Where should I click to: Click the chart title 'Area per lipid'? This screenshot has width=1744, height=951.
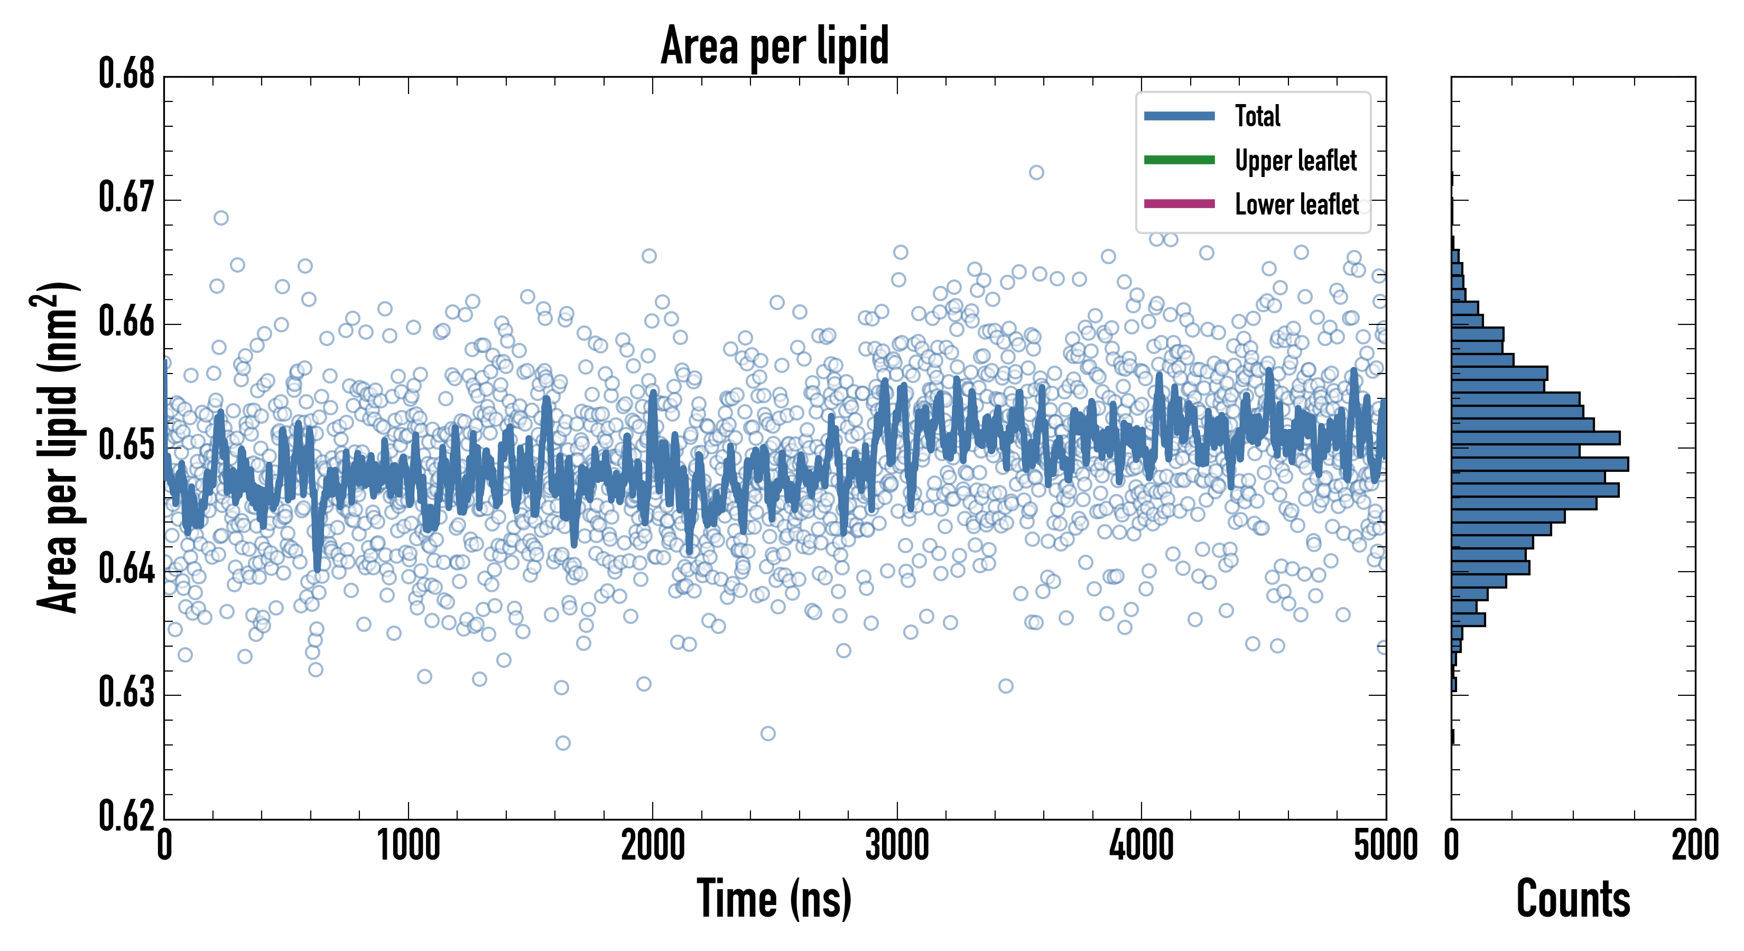[775, 46]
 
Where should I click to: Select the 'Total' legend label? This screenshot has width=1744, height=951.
[1257, 116]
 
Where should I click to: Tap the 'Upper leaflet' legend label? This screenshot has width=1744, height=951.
[1295, 161]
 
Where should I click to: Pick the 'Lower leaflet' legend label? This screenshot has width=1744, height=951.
[1296, 204]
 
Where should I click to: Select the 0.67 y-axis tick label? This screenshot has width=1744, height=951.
[127, 198]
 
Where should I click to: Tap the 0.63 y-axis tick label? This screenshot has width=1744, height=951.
[127, 693]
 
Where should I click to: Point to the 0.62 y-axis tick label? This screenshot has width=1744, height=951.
[127, 816]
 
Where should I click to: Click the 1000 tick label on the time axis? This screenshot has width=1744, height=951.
[408, 845]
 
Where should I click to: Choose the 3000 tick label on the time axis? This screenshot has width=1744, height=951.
[897, 845]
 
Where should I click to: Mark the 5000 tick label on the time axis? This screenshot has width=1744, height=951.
[1385, 845]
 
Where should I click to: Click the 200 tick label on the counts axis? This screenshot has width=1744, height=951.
[1694, 845]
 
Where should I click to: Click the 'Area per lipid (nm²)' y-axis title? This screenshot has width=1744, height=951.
[58, 447]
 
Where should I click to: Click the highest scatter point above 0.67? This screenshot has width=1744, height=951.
[1036, 173]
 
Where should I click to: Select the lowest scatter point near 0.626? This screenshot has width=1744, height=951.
[563, 743]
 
